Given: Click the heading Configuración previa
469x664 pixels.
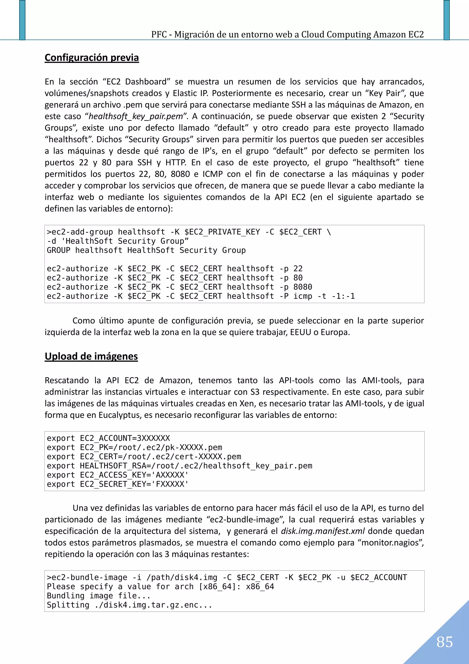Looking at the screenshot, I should click(x=92, y=58).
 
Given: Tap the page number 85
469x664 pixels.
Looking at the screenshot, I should click(x=444, y=642).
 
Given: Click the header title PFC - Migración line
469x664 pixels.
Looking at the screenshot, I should click(x=287, y=34).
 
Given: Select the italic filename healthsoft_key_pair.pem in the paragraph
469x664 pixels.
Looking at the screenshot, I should click(x=136, y=116).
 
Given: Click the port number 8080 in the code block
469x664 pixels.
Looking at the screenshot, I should click(x=303, y=287).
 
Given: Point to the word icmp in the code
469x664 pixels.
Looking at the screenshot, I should click(x=303, y=296).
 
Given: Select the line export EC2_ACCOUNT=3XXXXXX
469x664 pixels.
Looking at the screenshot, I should click(x=108, y=438).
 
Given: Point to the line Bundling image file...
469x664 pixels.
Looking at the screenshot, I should click(x=98, y=596).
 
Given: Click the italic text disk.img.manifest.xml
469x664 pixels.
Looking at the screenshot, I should click(x=322, y=531).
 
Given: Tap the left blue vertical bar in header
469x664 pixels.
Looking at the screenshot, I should click(x=22, y=20).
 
